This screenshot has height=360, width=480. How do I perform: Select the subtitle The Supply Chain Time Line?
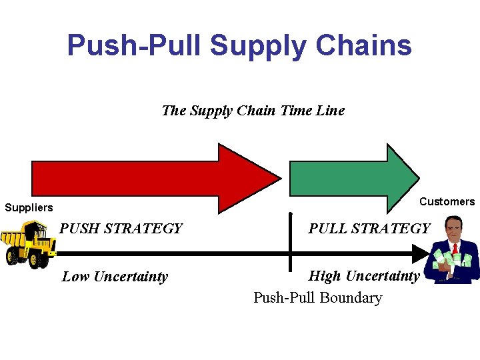pyautogui.click(x=253, y=111)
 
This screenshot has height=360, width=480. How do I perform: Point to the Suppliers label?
pyautogui.click(x=29, y=208)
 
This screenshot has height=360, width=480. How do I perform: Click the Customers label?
pyautogui.click(x=447, y=202)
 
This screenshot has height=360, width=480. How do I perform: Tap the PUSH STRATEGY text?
pyautogui.click(x=121, y=229)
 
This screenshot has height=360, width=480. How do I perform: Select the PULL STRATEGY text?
pyautogui.click(x=369, y=229)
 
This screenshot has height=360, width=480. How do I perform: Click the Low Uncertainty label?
pyautogui.click(x=115, y=277)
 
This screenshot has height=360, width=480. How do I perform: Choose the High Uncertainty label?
pyautogui.click(x=363, y=276)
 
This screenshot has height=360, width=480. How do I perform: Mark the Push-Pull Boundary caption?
pyautogui.click(x=317, y=298)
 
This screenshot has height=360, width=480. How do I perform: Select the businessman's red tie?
pyautogui.click(x=455, y=249)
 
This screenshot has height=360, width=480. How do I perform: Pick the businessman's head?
pyautogui.click(x=454, y=228)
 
